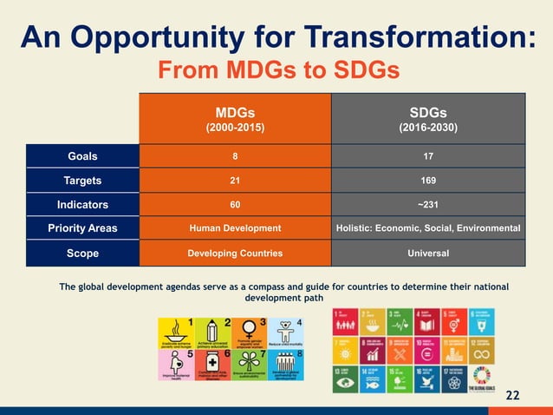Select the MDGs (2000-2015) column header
tap(234, 119)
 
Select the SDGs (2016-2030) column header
tap(427, 119)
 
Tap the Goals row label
tap(82, 157)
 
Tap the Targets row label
tap(82, 181)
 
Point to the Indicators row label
tap(82, 205)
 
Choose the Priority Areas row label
tap(82, 228)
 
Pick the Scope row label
tap(82, 254)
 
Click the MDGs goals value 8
tap(234, 157)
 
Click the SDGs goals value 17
tap(427, 157)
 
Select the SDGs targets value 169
tap(427, 181)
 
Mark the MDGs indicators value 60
tap(234, 205)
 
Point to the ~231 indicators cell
tap(427, 205)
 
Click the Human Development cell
tap(234, 228)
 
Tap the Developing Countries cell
tap(234, 254)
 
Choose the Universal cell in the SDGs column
tap(427, 254)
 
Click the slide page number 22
tap(512, 396)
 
